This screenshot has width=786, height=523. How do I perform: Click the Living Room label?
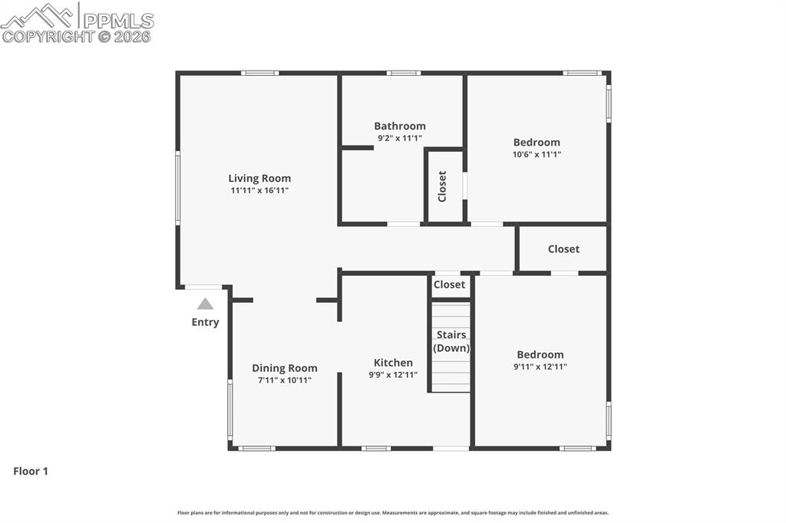[x=259, y=179]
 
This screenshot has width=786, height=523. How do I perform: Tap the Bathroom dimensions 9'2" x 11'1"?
[x=399, y=138]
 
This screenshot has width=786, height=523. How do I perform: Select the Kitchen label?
[x=393, y=363]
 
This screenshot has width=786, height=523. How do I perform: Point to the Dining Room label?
[x=284, y=368]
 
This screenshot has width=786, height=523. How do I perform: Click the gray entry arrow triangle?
[x=205, y=304]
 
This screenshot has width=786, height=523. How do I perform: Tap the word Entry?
[x=205, y=322]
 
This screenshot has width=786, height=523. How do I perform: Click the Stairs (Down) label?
[x=451, y=341]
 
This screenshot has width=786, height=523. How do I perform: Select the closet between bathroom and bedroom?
[x=442, y=186]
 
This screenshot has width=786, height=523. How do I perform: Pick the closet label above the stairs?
[x=449, y=285]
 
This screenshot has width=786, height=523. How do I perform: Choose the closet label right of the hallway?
[x=563, y=249]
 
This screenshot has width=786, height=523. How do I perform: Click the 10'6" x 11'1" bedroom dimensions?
[x=537, y=155]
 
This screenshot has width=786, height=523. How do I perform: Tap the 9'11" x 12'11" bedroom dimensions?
[x=540, y=367]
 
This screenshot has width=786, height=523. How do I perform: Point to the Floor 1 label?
[x=31, y=471]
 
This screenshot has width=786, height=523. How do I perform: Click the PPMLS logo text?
[x=118, y=21]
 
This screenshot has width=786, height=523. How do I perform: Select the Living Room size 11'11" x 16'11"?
[x=259, y=190]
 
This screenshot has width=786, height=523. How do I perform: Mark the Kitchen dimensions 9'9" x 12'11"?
[x=393, y=375]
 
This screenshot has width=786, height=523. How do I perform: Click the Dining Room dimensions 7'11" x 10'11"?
[x=284, y=380]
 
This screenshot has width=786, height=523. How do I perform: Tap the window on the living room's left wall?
[x=177, y=187]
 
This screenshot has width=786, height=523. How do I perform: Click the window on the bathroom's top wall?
[x=403, y=73]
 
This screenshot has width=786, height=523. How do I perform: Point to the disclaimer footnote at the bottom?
[x=393, y=512]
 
